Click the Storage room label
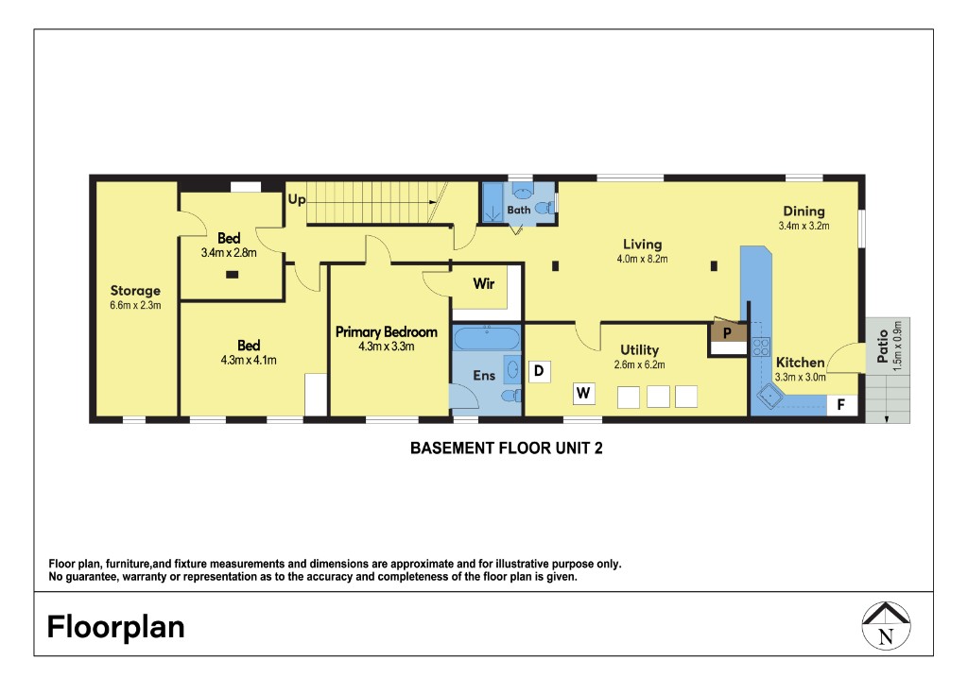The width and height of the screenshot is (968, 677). tap(135, 291)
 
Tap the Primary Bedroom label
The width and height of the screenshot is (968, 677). tap(387, 331)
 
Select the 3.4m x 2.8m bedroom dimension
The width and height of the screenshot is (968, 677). tap(229, 252)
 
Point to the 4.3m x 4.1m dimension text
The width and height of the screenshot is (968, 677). tap(249, 360)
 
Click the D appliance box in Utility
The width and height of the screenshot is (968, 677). tap(539, 371)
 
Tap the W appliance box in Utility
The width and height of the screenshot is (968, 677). tap(583, 393)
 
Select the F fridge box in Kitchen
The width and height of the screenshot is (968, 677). tap(841, 404)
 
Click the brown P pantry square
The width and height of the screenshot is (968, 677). tap(727, 333)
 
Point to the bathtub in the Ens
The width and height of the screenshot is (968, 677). tap(487, 338)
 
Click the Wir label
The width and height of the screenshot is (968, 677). tap(483, 283)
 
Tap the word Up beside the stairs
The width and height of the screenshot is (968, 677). tap(297, 200)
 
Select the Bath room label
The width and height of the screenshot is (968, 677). tap(519, 210)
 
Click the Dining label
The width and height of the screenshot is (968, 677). tap(804, 212)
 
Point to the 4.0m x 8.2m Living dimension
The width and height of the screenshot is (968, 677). tap(642, 259)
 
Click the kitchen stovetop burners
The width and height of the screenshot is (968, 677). tap(761, 347)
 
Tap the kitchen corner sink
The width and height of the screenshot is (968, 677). tap(769, 398)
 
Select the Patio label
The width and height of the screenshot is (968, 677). tap(883, 346)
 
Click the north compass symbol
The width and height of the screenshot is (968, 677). tap(886, 626)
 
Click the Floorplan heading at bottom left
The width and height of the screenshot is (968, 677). tap(116, 627)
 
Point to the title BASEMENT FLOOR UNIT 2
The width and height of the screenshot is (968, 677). tap(507, 449)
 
